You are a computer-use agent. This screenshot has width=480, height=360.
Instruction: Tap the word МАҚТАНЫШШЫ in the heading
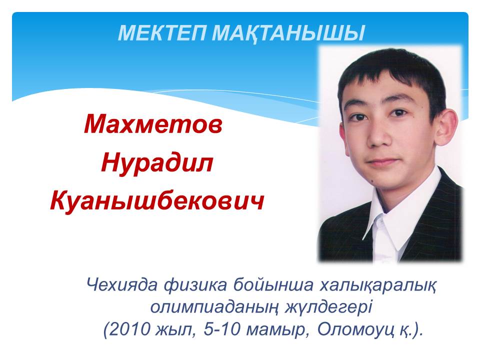pos(288,33)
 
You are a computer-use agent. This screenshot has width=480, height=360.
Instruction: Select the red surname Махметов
pos(153,124)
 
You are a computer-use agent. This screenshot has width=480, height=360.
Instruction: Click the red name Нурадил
pos(157,163)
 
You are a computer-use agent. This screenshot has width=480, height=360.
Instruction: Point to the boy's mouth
pos(383,161)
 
